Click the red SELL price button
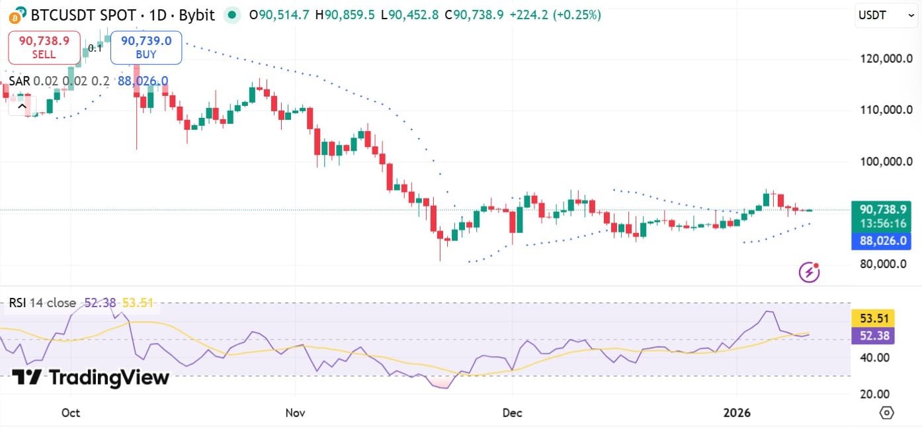(x=44, y=47)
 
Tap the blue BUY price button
(x=146, y=47)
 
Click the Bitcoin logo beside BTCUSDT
(x=14, y=15)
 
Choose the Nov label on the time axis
(x=294, y=412)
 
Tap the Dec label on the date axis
(x=512, y=412)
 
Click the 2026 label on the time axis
(x=737, y=412)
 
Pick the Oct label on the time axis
(x=70, y=412)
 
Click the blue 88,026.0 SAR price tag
(x=882, y=241)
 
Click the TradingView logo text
(x=91, y=377)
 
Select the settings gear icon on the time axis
(x=886, y=412)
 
